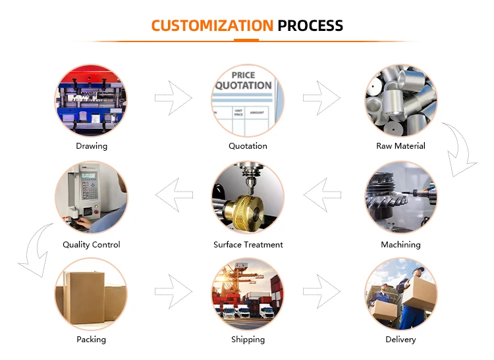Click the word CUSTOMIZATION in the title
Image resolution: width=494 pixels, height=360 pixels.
211,26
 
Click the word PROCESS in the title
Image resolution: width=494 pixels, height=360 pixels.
310,26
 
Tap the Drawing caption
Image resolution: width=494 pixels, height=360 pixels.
92,146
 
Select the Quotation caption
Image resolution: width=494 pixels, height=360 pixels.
248,146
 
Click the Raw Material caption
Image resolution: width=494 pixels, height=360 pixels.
400,146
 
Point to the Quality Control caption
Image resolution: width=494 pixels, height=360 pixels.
92,245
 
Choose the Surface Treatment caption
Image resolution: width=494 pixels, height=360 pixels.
248,245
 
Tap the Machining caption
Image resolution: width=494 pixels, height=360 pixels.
400,245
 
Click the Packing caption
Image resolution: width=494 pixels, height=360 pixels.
91,340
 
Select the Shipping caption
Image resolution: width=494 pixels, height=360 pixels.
248,340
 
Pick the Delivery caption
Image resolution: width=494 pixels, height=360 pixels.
400,340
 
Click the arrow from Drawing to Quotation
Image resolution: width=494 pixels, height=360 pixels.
173,98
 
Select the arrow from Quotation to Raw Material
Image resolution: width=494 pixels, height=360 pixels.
321,98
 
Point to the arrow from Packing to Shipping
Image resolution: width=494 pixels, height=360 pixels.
173,290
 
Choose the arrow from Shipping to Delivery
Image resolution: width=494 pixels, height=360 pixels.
321,290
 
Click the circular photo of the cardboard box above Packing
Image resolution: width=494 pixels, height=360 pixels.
91,294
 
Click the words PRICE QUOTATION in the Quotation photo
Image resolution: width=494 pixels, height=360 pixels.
243,81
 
